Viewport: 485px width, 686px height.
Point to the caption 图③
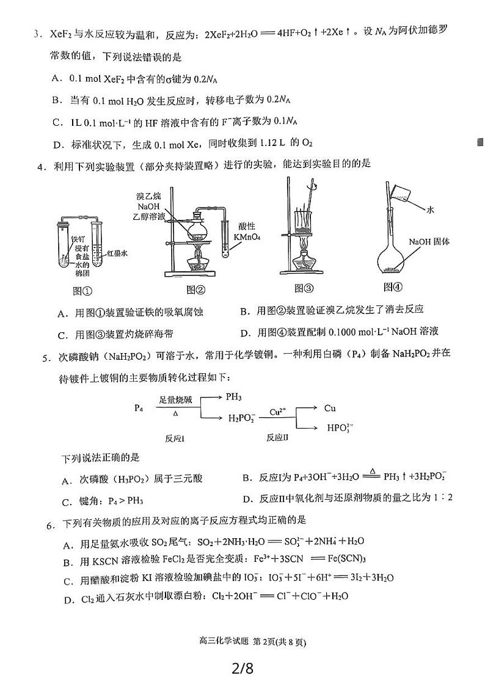click(x=304, y=288)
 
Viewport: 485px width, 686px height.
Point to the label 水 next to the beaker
click(x=430, y=209)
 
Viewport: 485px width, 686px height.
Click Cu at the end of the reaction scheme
click(x=330, y=407)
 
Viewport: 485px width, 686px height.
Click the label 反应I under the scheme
click(x=175, y=437)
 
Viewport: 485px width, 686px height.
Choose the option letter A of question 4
click(x=62, y=313)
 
